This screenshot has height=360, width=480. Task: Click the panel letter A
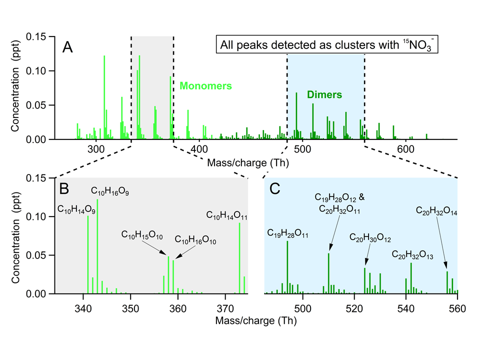67,47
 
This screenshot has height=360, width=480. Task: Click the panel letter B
64,188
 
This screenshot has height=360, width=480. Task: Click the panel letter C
274,189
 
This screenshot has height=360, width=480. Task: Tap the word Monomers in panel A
205,85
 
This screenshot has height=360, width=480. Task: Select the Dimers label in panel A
324,94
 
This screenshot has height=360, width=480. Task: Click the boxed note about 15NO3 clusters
327,44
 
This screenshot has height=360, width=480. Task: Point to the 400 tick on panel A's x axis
199,149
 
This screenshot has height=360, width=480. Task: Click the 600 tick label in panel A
406,149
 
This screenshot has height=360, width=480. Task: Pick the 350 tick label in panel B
130,308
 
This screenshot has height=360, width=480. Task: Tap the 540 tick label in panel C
406,308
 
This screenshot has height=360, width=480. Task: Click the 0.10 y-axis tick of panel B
36,216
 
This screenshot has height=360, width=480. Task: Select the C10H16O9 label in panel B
110,191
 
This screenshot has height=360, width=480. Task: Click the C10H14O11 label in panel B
226,215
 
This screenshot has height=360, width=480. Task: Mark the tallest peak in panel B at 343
97,246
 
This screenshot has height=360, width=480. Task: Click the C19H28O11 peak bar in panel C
287,267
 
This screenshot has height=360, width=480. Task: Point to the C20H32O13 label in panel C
412,254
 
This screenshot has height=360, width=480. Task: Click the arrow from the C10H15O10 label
154,247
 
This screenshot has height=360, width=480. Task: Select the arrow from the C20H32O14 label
441,243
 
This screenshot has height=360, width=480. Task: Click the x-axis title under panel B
256,320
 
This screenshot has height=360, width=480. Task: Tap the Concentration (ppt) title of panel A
15,86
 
